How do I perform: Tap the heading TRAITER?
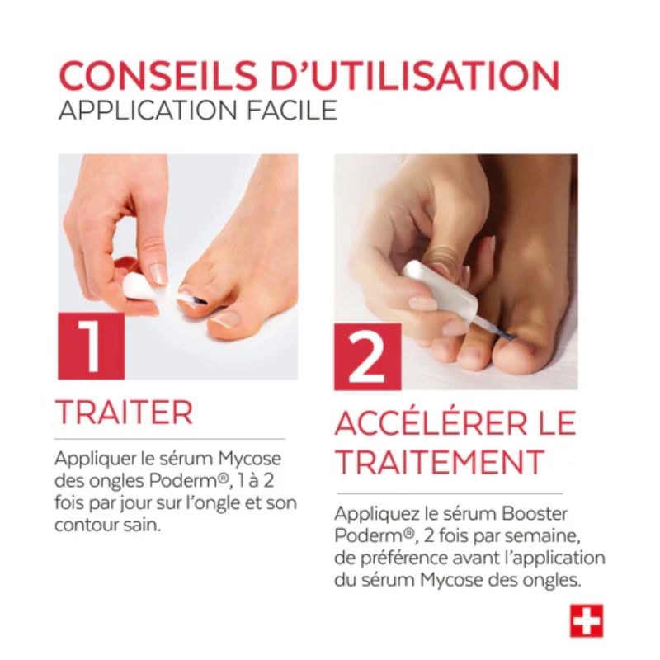click(x=124, y=412)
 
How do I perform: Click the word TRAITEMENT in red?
click(x=440, y=461)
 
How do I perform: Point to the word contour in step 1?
click(x=87, y=525)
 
